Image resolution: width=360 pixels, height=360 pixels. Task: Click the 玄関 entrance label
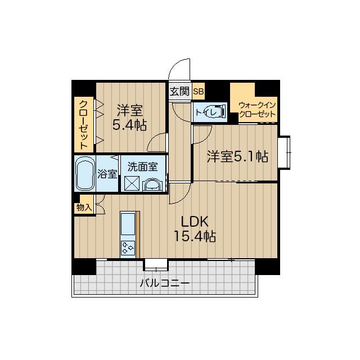click(x=179, y=91)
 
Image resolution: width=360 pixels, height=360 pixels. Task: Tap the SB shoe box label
click(x=199, y=92)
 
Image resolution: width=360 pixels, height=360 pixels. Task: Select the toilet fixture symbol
click(x=215, y=112)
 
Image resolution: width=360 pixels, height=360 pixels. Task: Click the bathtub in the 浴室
click(x=85, y=173)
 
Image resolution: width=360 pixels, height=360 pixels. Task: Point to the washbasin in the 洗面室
click(x=152, y=185)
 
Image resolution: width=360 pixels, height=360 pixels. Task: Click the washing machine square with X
click(x=132, y=183)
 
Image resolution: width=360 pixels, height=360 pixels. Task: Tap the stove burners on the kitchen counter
click(x=128, y=248)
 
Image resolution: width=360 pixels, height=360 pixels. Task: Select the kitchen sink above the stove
click(x=128, y=224)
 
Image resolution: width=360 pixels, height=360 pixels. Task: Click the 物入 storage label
click(x=84, y=208)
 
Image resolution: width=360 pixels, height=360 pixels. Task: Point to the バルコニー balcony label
click(x=165, y=283)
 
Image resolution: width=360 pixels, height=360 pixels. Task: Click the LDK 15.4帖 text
click(x=195, y=229)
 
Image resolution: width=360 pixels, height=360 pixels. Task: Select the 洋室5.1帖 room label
click(x=237, y=156)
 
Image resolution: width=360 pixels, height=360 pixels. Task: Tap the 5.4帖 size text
click(x=129, y=125)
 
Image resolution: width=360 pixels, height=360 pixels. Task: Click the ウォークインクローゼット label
click(x=257, y=110)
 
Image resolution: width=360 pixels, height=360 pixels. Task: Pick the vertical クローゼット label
click(x=84, y=125)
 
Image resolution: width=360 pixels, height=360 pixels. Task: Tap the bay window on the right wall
click(x=284, y=152)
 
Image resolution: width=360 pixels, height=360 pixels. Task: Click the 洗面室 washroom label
click(x=142, y=167)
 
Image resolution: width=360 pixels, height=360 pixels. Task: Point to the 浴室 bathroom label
click(x=107, y=174)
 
